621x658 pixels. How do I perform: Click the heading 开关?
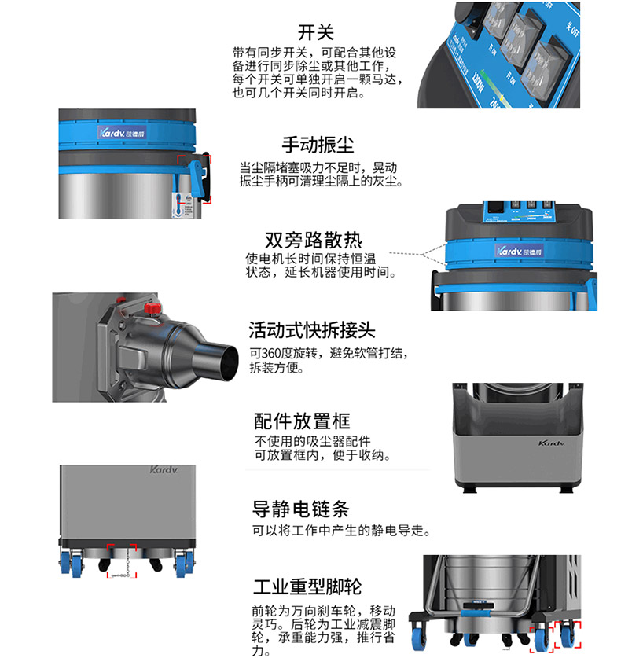pyautogui.click(x=315, y=32)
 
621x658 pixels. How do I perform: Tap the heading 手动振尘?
pyautogui.click(x=318, y=145)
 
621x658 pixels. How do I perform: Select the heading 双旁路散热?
pyautogui.click(x=314, y=240)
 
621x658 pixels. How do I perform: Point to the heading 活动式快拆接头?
pyautogui.click(x=312, y=330)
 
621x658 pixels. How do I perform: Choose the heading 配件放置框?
pyautogui.click(x=302, y=421)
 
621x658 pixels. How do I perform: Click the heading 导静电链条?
pyautogui.click(x=300, y=509)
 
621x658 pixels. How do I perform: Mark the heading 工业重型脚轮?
pyautogui.click(x=307, y=586)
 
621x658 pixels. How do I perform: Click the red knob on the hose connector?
pyautogui.click(x=152, y=308)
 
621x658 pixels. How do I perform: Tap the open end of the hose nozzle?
pyautogui.click(x=228, y=362)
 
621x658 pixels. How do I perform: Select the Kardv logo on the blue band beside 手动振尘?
pyautogui.click(x=122, y=133)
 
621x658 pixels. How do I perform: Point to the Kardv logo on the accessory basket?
pyautogui.click(x=551, y=443)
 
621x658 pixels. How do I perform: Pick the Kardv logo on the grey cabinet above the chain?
pyautogui.click(x=164, y=469)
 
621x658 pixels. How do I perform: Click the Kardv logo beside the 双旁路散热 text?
pyautogui.click(x=520, y=251)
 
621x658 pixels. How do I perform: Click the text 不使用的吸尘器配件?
pyautogui.click(x=312, y=441)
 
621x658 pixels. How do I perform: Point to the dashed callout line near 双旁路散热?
pyautogui.click(x=418, y=254)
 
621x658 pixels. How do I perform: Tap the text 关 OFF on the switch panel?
pyautogui.click(x=572, y=28)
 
